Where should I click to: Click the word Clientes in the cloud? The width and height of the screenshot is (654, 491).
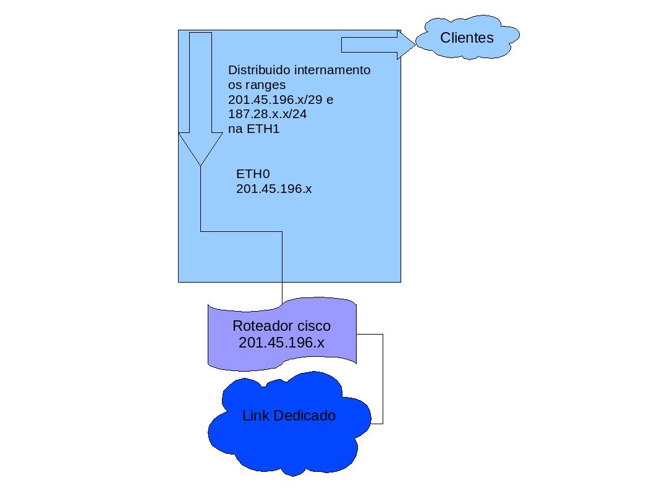467,38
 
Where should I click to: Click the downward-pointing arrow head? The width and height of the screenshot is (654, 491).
200,148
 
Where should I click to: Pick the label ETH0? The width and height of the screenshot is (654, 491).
253,174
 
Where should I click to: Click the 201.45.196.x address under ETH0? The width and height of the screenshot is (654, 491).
274,189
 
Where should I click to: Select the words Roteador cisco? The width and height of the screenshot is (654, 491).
281,326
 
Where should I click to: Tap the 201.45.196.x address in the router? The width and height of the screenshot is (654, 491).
281,342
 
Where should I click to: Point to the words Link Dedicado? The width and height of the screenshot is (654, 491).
289,416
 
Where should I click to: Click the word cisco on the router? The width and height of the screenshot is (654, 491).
313,326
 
